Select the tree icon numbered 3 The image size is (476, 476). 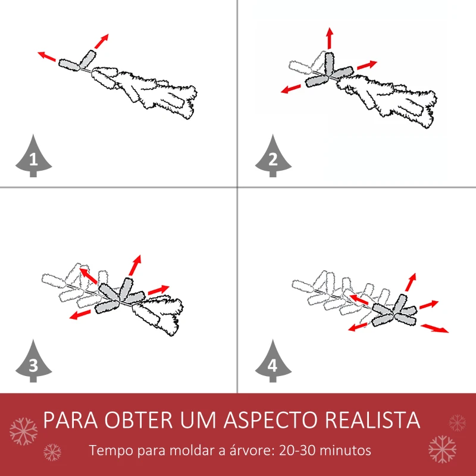coord(33,363)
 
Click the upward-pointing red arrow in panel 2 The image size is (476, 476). coord(329,38)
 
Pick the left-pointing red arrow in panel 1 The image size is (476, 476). coord(46,57)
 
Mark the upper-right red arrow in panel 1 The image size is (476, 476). coord(102,41)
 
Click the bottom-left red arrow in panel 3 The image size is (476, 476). coord(78,314)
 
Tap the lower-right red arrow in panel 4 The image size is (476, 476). coord(435,328)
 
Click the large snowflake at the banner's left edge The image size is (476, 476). coord(24,429)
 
